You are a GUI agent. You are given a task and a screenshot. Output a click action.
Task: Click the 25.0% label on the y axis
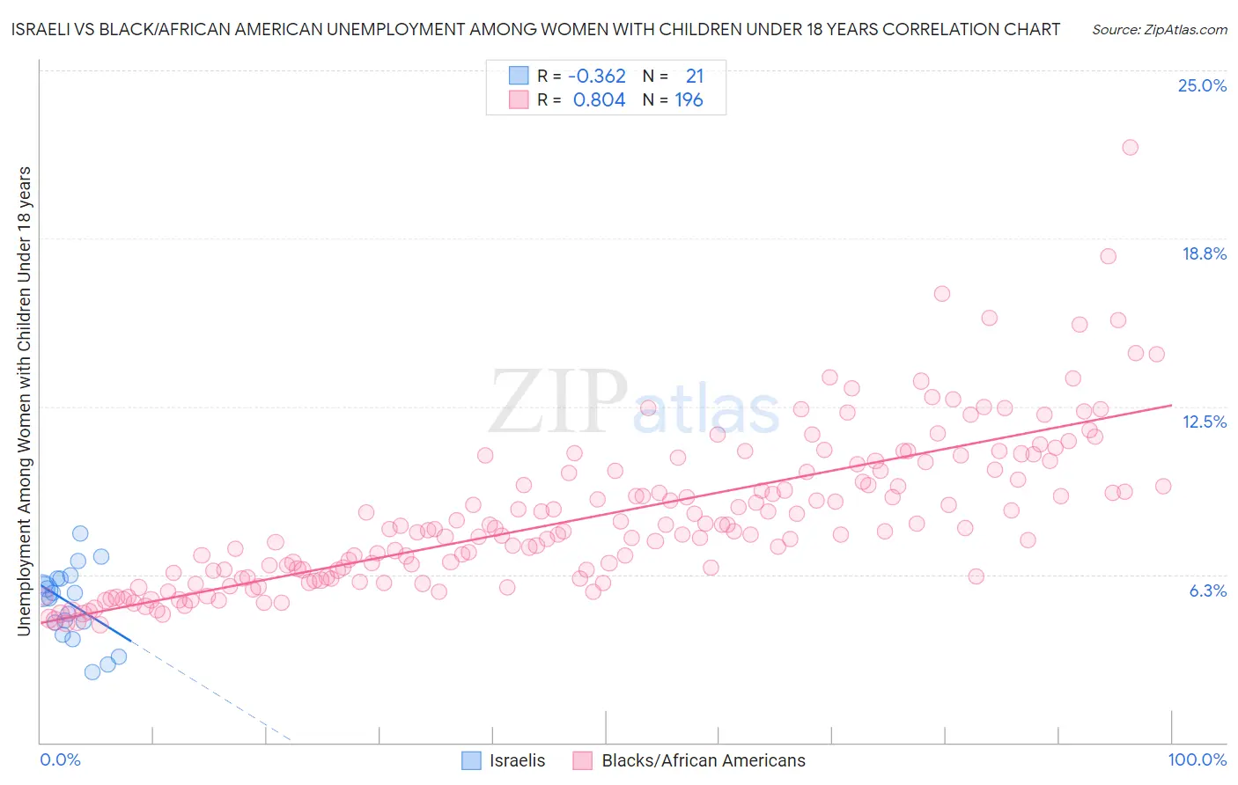(x=1202, y=85)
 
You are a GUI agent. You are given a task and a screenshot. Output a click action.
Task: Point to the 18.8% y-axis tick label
(x=1204, y=253)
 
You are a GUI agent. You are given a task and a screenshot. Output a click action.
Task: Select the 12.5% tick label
(x=1204, y=422)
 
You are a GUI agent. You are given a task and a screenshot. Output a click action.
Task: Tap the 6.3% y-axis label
(x=1207, y=591)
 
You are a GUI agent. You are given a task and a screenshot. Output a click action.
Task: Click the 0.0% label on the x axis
(x=60, y=759)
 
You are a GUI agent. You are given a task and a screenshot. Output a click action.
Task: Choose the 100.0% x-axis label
(x=1197, y=759)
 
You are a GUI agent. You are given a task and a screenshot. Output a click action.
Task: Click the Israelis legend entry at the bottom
(x=517, y=760)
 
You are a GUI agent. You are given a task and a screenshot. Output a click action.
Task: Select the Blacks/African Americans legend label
(x=703, y=760)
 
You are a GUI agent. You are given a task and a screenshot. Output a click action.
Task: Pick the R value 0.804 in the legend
(x=599, y=100)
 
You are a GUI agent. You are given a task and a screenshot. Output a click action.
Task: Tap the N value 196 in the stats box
(x=689, y=100)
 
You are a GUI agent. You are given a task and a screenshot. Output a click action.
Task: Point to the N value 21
(x=694, y=77)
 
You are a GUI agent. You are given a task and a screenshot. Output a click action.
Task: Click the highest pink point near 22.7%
(x=1130, y=147)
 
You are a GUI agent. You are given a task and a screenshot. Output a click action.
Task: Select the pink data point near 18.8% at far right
(x=1108, y=256)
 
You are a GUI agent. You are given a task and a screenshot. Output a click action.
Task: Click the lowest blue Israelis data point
(x=92, y=671)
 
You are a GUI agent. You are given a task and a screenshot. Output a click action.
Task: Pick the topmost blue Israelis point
(x=80, y=533)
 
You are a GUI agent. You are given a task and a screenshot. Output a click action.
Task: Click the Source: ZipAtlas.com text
(x=1159, y=30)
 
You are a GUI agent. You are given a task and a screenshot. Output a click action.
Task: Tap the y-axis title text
(x=24, y=400)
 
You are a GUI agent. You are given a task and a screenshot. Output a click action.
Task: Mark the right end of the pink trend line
(x=1171, y=405)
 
